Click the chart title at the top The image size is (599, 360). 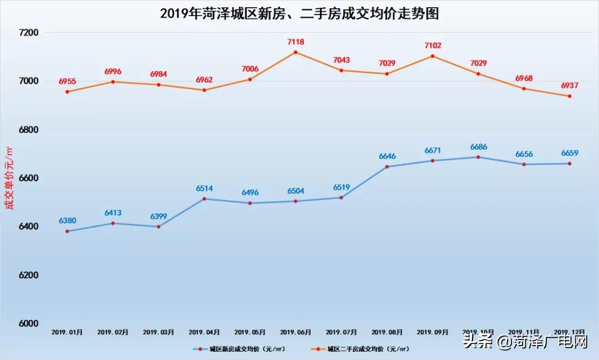(x=299, y=13)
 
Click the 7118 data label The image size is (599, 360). (x=296, y=42)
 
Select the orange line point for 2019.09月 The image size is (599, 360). (x=433, y=56)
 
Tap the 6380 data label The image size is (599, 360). (x=68, y=221)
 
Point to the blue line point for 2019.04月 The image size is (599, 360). (x=204, y=199)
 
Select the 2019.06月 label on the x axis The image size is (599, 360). (x=296, y=332)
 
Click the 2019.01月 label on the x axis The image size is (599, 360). (x=67, y=332)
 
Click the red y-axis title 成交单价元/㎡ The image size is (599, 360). (x=8, y=178)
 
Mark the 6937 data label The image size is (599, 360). (x=570, y=86)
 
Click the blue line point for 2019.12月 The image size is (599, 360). (x=570, y=164)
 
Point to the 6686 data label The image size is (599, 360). (x=479, y=147)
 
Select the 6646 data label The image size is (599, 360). (x=387, y=156)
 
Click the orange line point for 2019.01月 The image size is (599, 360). (x=67, y=92)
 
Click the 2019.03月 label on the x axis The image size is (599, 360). (x=159, y=332)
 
